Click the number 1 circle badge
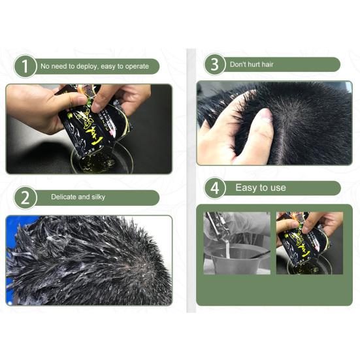point(25,67)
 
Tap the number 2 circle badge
point(25,198)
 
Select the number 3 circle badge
point(214,64)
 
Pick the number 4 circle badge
point(214,188)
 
